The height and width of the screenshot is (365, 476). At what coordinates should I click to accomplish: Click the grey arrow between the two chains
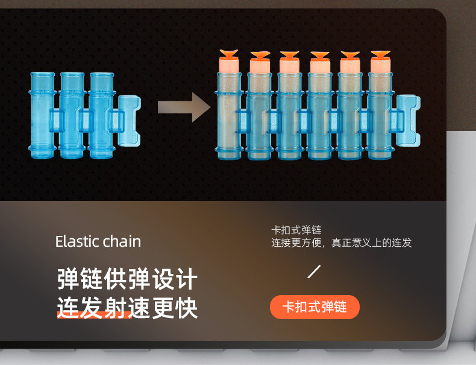184,107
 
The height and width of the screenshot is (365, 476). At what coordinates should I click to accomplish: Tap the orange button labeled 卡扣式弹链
315,307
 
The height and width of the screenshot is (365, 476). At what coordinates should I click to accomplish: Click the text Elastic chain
98,241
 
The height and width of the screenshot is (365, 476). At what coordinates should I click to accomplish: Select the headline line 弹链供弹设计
127,279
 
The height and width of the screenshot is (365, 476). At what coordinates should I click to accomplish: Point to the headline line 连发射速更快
127,308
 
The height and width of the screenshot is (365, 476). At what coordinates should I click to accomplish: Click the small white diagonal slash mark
314,271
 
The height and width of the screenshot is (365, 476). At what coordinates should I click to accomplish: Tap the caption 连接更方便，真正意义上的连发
341,243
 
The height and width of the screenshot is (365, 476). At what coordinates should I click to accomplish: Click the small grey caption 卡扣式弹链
296,230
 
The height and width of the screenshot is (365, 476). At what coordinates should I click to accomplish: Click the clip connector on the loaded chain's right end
408,120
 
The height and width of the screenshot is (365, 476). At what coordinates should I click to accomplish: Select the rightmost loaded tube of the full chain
380,115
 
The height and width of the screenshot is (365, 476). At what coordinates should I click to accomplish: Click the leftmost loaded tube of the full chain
229,115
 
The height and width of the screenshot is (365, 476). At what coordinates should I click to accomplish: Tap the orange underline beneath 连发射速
95,317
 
